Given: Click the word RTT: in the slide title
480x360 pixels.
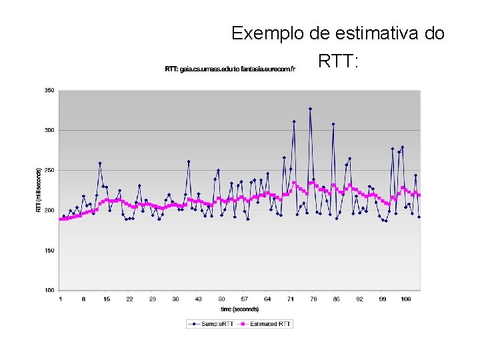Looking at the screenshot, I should point(339,62).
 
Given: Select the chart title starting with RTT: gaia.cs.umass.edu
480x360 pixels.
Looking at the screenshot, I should point(230,69).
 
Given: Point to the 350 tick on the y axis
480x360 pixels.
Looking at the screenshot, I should point(49,90).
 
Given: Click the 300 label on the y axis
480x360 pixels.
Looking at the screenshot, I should point(49,130).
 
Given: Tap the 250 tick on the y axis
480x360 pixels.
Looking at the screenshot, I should point(49,170).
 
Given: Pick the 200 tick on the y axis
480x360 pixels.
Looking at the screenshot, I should point(49,210).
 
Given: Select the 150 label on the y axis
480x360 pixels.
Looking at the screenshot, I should point(49,250).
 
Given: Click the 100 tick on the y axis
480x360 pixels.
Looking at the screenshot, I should point(49,290).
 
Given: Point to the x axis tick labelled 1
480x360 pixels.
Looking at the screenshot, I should point(61,299).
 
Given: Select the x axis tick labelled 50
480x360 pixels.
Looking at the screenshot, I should point(221,299).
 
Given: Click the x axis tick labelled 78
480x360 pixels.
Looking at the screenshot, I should point(313,299).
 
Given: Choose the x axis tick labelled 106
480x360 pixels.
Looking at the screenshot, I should point(405,299).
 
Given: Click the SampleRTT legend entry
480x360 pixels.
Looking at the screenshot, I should point(212,324).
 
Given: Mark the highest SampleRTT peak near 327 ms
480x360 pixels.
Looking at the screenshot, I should point(310,109).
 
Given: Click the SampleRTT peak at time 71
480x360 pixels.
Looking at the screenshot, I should point(294,121).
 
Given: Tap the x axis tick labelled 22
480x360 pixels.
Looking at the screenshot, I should point(129,299).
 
